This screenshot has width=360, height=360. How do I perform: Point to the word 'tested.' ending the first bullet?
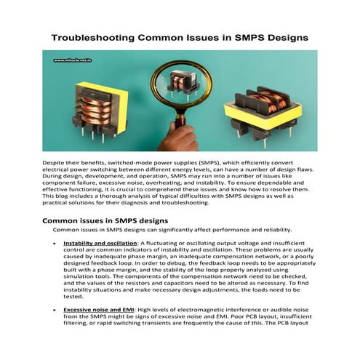(73, 296)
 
